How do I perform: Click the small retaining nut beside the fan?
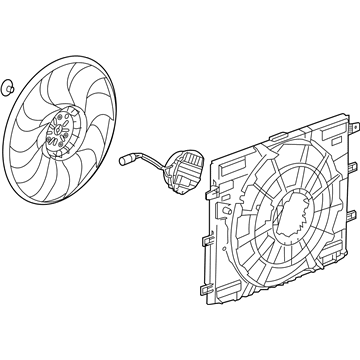(8, 85)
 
